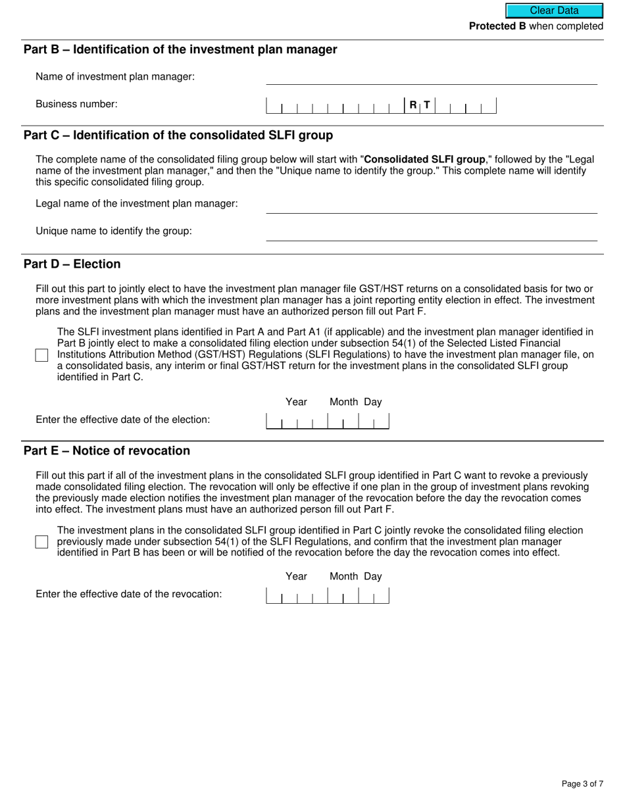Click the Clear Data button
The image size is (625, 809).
point(554,11)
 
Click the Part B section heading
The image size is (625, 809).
point(180,50)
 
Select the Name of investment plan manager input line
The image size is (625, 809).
point(431,77)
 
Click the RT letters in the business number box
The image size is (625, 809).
point(419,105)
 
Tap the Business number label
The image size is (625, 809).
point(77,104)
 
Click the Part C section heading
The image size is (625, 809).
point(178,135)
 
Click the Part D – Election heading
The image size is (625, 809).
point(72,264)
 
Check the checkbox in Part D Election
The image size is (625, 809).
point(41,355)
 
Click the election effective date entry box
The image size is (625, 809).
point(327,421)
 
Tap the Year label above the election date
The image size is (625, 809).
point(296,402)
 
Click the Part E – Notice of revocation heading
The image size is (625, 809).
point(107,451)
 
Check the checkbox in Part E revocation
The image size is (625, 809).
point(41,542)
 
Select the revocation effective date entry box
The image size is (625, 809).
point(327,595)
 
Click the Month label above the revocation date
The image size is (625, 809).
point(343,576)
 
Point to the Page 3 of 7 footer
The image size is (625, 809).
point(582,783)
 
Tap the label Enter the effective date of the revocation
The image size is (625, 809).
point(129,594)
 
